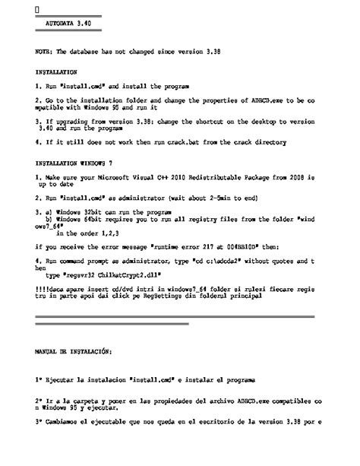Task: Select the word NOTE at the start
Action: click(43, 52)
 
